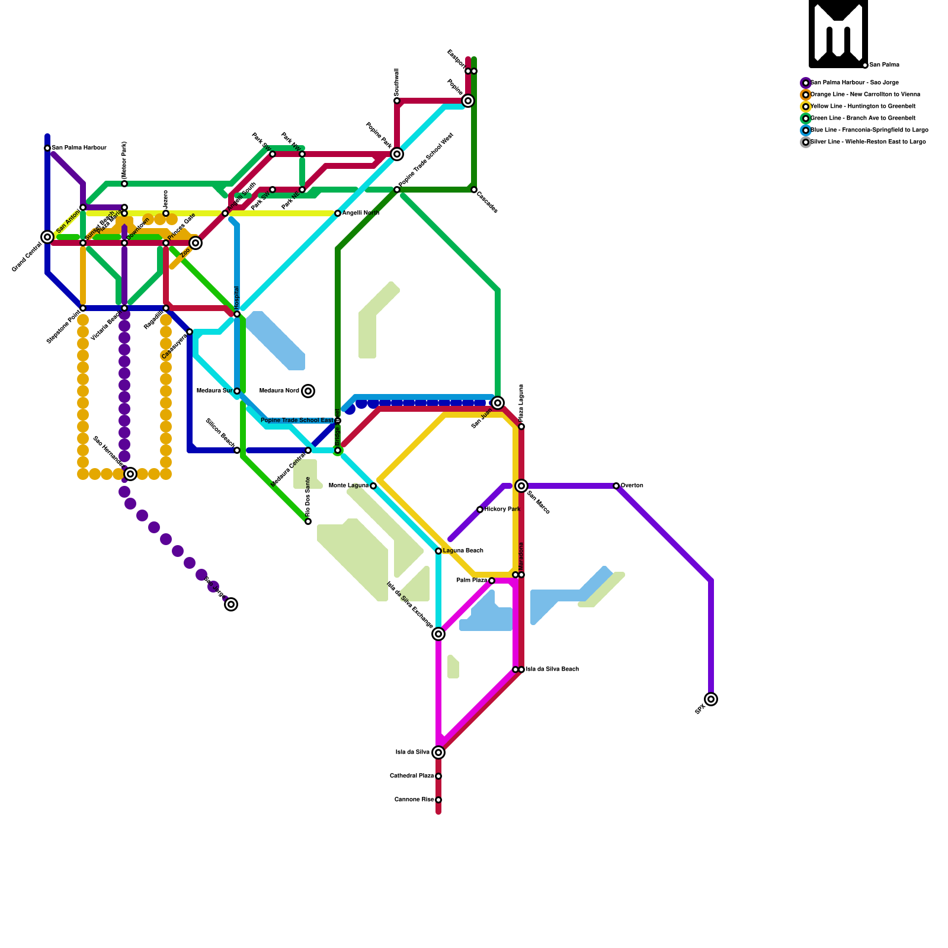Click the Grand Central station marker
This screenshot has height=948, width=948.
(x=47, y=237)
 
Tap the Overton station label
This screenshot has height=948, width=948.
(x=632, y=486)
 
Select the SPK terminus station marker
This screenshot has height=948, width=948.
(x=711, y=699)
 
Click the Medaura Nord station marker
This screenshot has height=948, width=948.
(x=308, y=391)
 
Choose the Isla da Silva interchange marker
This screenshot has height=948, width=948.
(x=438, y=752)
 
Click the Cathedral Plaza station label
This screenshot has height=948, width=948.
(x=412, y=776)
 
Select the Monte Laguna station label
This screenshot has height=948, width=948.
(x=348, y=486)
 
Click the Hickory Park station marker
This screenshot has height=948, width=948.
(x=480, y=510)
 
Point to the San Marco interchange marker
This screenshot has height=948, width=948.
(x=521, y=486)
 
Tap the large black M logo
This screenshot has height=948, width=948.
(x=838, y=33)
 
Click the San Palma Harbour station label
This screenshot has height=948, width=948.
(x=79, y=148)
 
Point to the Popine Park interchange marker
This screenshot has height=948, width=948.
(x=397, y=154)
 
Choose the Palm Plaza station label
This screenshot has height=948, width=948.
(x=472, y=581)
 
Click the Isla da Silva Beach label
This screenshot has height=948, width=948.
(x=552, y=670)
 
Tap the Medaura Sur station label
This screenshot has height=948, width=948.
(x=214, y=391)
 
